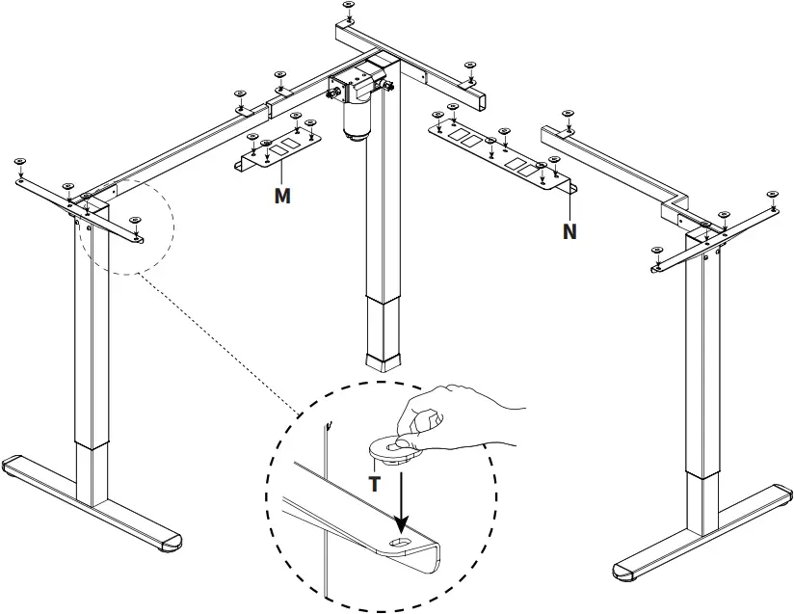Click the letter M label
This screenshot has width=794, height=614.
(x=281, y=196)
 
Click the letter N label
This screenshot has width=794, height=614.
(x=569, y=230)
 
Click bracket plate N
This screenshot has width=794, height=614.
(x=501, y=154)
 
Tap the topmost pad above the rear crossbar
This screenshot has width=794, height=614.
(x=347, y=8)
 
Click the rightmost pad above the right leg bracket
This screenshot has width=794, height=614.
(x=773, y=195)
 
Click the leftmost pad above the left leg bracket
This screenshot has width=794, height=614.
(x=20, y=161)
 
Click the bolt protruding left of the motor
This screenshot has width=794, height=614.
(x=333, y=93)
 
